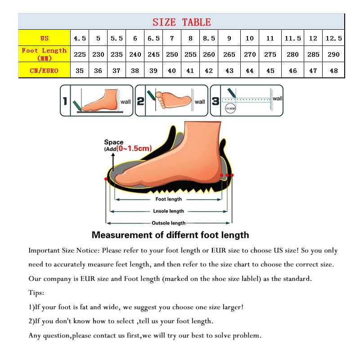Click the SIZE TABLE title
pos(181,22)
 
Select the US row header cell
pos(44,38)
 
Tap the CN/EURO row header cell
pos(44,70)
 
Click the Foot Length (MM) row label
pos(44,54)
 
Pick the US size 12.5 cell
pos(333,38)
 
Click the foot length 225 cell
pos(80,54)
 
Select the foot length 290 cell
pos(333,54)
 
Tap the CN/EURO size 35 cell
pos(80,70)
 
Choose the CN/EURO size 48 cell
pos(333,70)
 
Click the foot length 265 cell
pos(229,54)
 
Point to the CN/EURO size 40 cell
pos(172,70)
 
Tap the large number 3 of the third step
pos(216,101)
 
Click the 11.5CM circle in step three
pos(230,109)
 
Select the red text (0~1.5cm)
pos(134,148)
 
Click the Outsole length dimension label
pos(168,223)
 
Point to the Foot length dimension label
pos(169,199)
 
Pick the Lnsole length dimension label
pos(169,211)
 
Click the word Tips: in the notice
pos(36,293)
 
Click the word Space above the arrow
pos(113,142)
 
